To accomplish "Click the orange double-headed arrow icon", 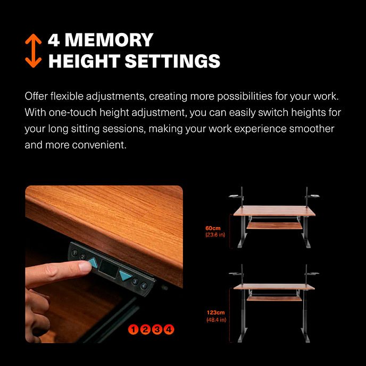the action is coord(34,51).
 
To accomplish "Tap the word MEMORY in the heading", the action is coord(109,40).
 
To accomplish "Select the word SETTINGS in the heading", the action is coord(172,61).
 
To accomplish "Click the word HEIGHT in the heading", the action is coord(84,61).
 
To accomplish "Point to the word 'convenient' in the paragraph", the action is coord(99,145).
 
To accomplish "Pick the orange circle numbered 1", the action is coord(134,329).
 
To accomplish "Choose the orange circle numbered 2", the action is coord(145,329).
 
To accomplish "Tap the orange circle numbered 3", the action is coord(157,329).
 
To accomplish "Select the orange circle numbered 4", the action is coord(169,329).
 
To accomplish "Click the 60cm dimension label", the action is coord(213,228).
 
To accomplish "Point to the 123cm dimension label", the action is coord(215,313).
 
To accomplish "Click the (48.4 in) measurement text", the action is coord(217,320).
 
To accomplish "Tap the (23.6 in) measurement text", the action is coord(215,235).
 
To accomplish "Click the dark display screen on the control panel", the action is coord(109,269).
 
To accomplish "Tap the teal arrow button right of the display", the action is coord(126,276).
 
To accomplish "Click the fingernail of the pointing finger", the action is coord(85,267).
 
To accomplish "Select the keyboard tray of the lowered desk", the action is coord(274,226).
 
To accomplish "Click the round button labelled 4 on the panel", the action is coord(144,285).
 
